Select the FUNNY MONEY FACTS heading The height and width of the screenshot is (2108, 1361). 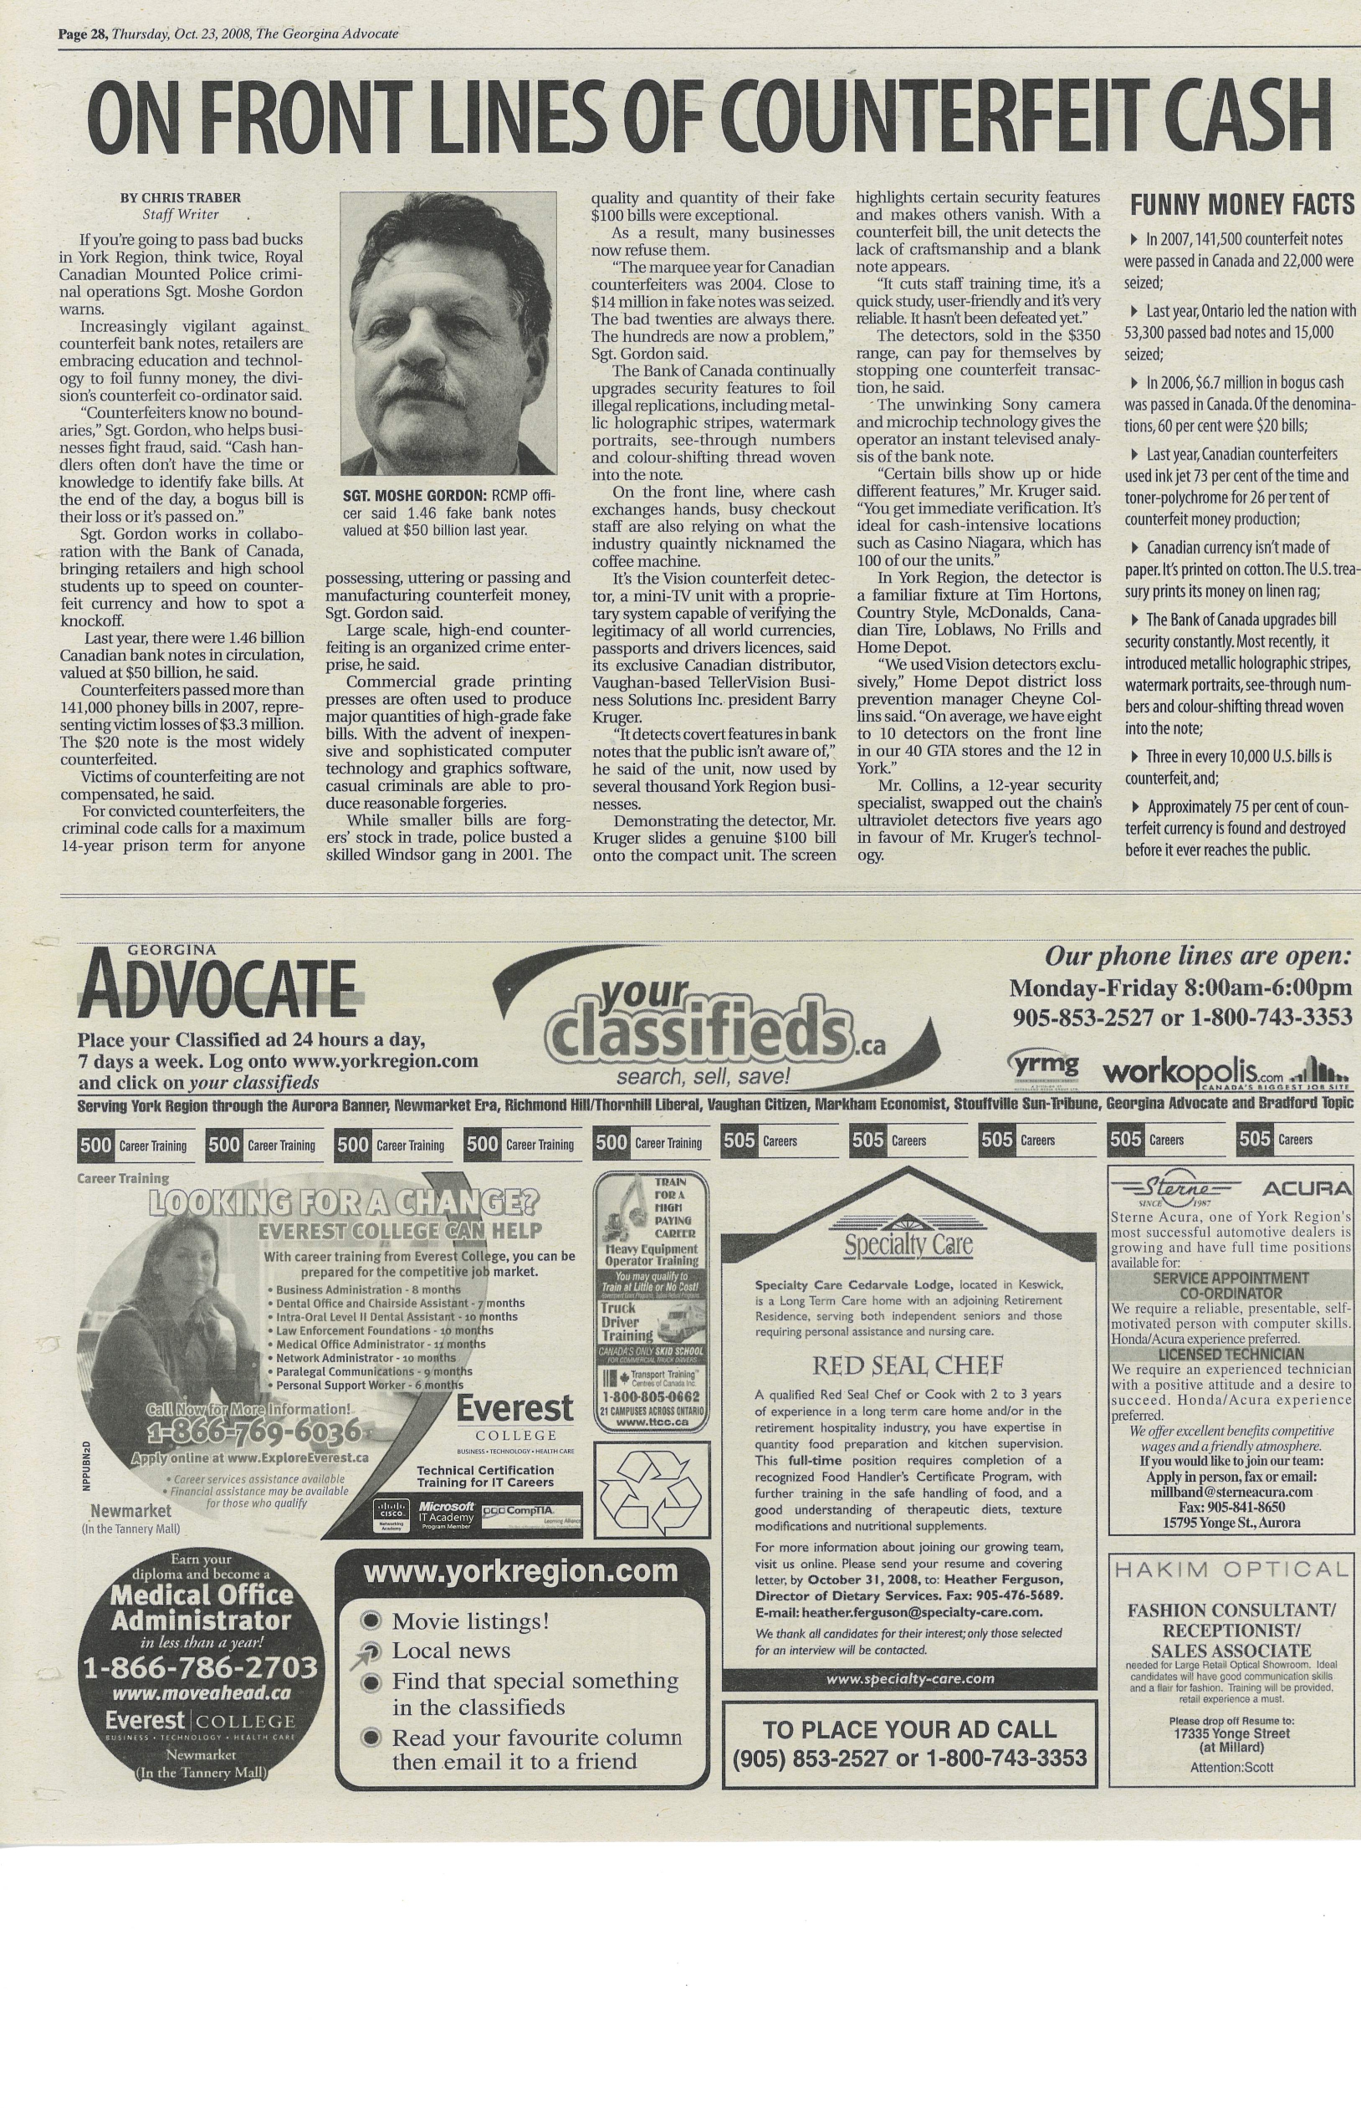coord(1241,205)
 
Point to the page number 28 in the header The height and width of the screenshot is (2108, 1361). coord(95,34)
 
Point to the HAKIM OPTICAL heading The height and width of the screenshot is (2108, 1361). coord(1230,1570)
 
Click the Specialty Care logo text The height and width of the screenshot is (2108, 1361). coord(908,1247)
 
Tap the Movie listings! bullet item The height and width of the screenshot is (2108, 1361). coord(470,1621)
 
